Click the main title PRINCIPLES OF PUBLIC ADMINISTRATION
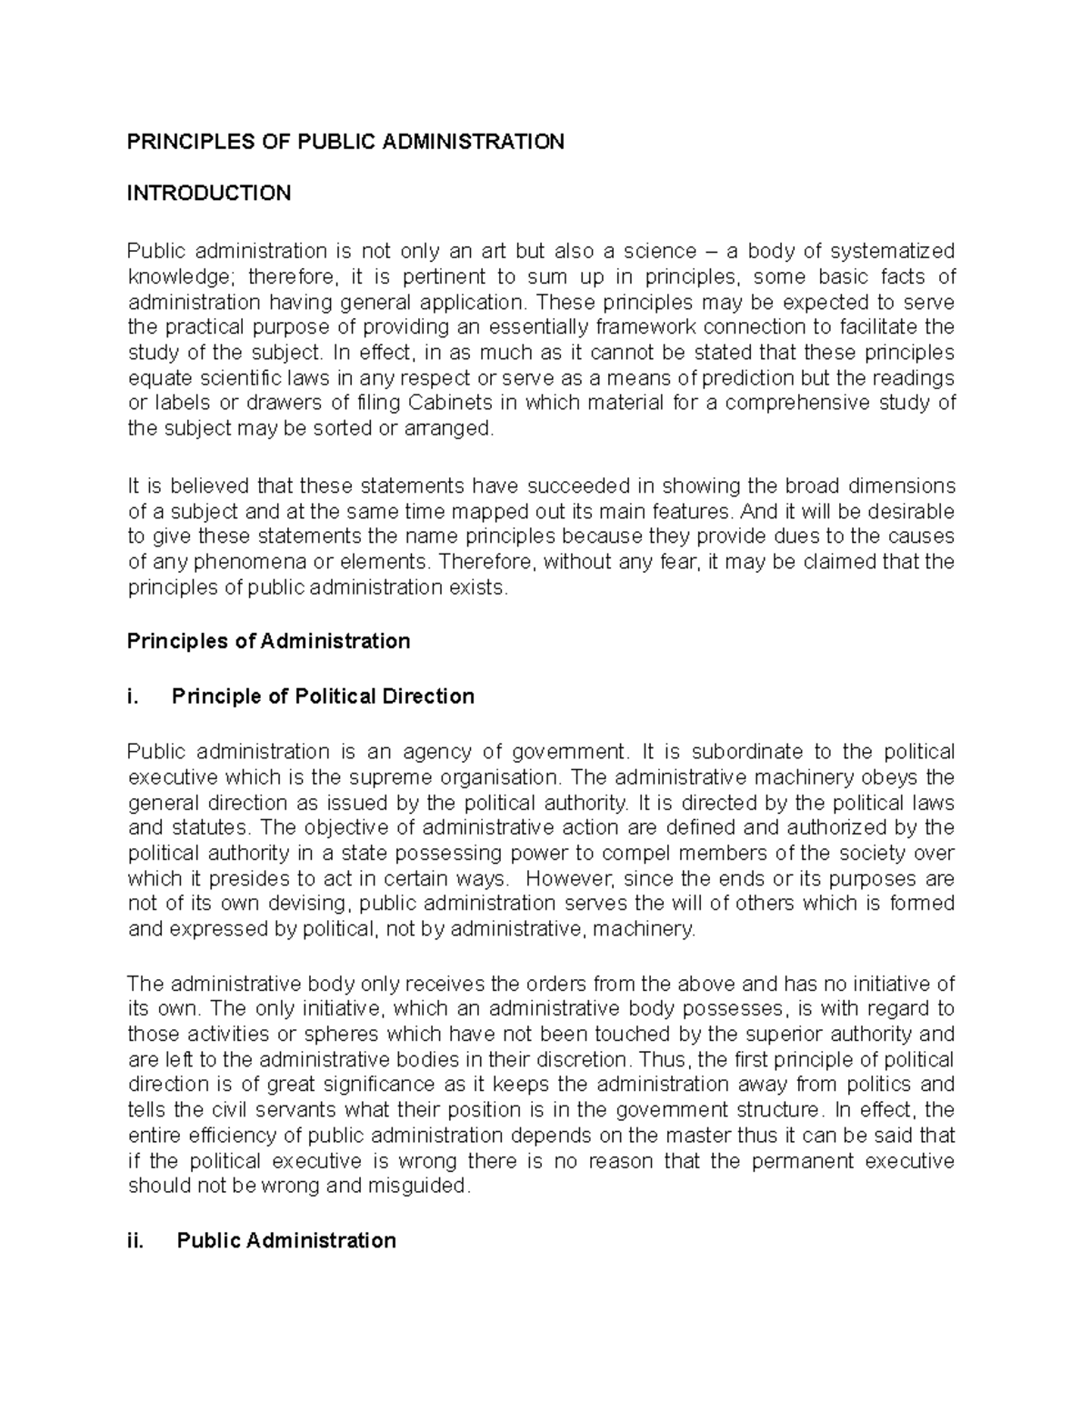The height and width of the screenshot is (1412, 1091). pyautogui.click(x=345, y=141)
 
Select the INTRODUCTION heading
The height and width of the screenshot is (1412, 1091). pyautogui.click(x=209, y=193)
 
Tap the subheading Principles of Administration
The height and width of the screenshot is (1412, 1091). pyautogui.click(x=268, y=641)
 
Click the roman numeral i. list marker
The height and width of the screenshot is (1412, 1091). pyautogui.click(x=134, y=696)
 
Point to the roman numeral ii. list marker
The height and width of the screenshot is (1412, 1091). pyautogui.click(x=136, y=1240)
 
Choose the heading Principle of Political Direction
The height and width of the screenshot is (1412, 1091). pyautogui.click(x=323, y=696)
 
